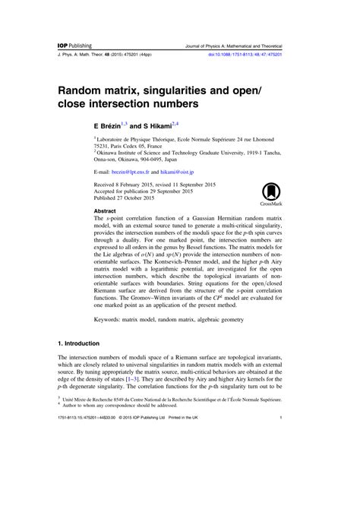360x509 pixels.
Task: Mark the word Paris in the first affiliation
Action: pyautogui.click(x=118, y=147)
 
